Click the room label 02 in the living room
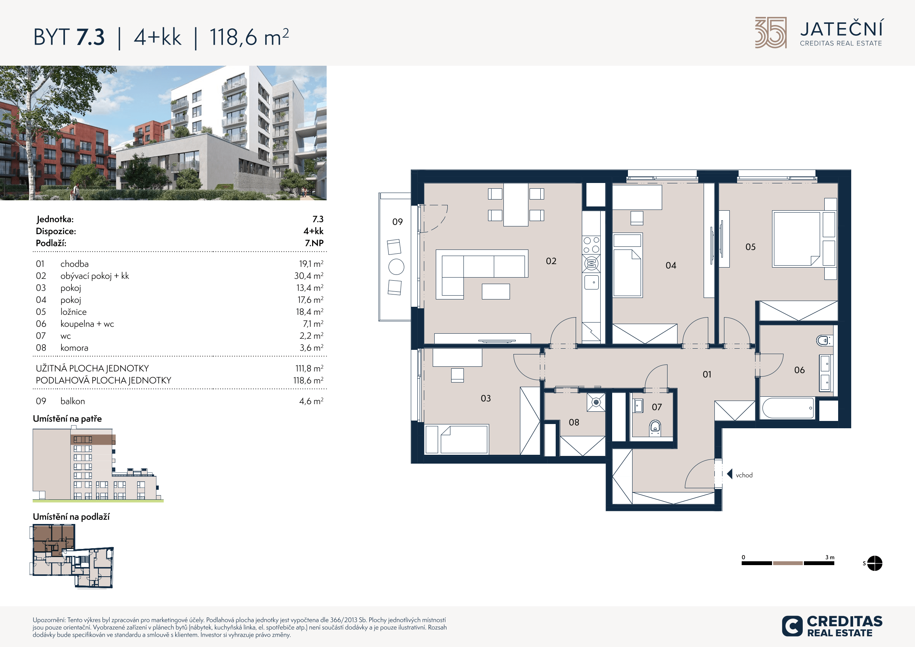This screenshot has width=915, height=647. click(551, 261)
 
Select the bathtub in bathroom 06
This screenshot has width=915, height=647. click(788, 408)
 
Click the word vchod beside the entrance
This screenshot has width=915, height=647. click(744, 475)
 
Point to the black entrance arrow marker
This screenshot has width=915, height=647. click(730, 474)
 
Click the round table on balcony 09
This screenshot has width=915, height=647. click(396, 267)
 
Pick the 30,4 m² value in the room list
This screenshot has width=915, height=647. click(309, 276)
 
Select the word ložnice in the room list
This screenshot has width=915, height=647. click(73, 312)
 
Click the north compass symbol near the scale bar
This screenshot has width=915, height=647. click(874, 563)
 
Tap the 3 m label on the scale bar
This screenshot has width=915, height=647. click(830, 557)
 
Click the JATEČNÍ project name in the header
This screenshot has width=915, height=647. click(842, 29)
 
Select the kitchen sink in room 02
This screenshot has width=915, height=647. click(591, 282)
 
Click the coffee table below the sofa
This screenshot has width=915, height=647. click(496, 291)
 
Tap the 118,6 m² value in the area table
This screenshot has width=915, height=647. click(308, 380)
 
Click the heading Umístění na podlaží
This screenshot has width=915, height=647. click(71, 517)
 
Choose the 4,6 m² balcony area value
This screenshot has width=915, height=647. click(311, 401)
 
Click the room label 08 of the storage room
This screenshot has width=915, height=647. click(574, 422)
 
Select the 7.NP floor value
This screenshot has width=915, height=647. click(314, 243)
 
